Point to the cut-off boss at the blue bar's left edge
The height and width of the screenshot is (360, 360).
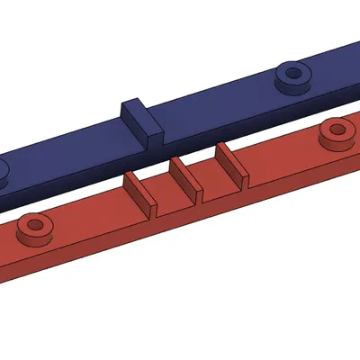3,172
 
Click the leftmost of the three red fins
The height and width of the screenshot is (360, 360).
137,190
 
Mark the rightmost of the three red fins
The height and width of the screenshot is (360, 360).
230,162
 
